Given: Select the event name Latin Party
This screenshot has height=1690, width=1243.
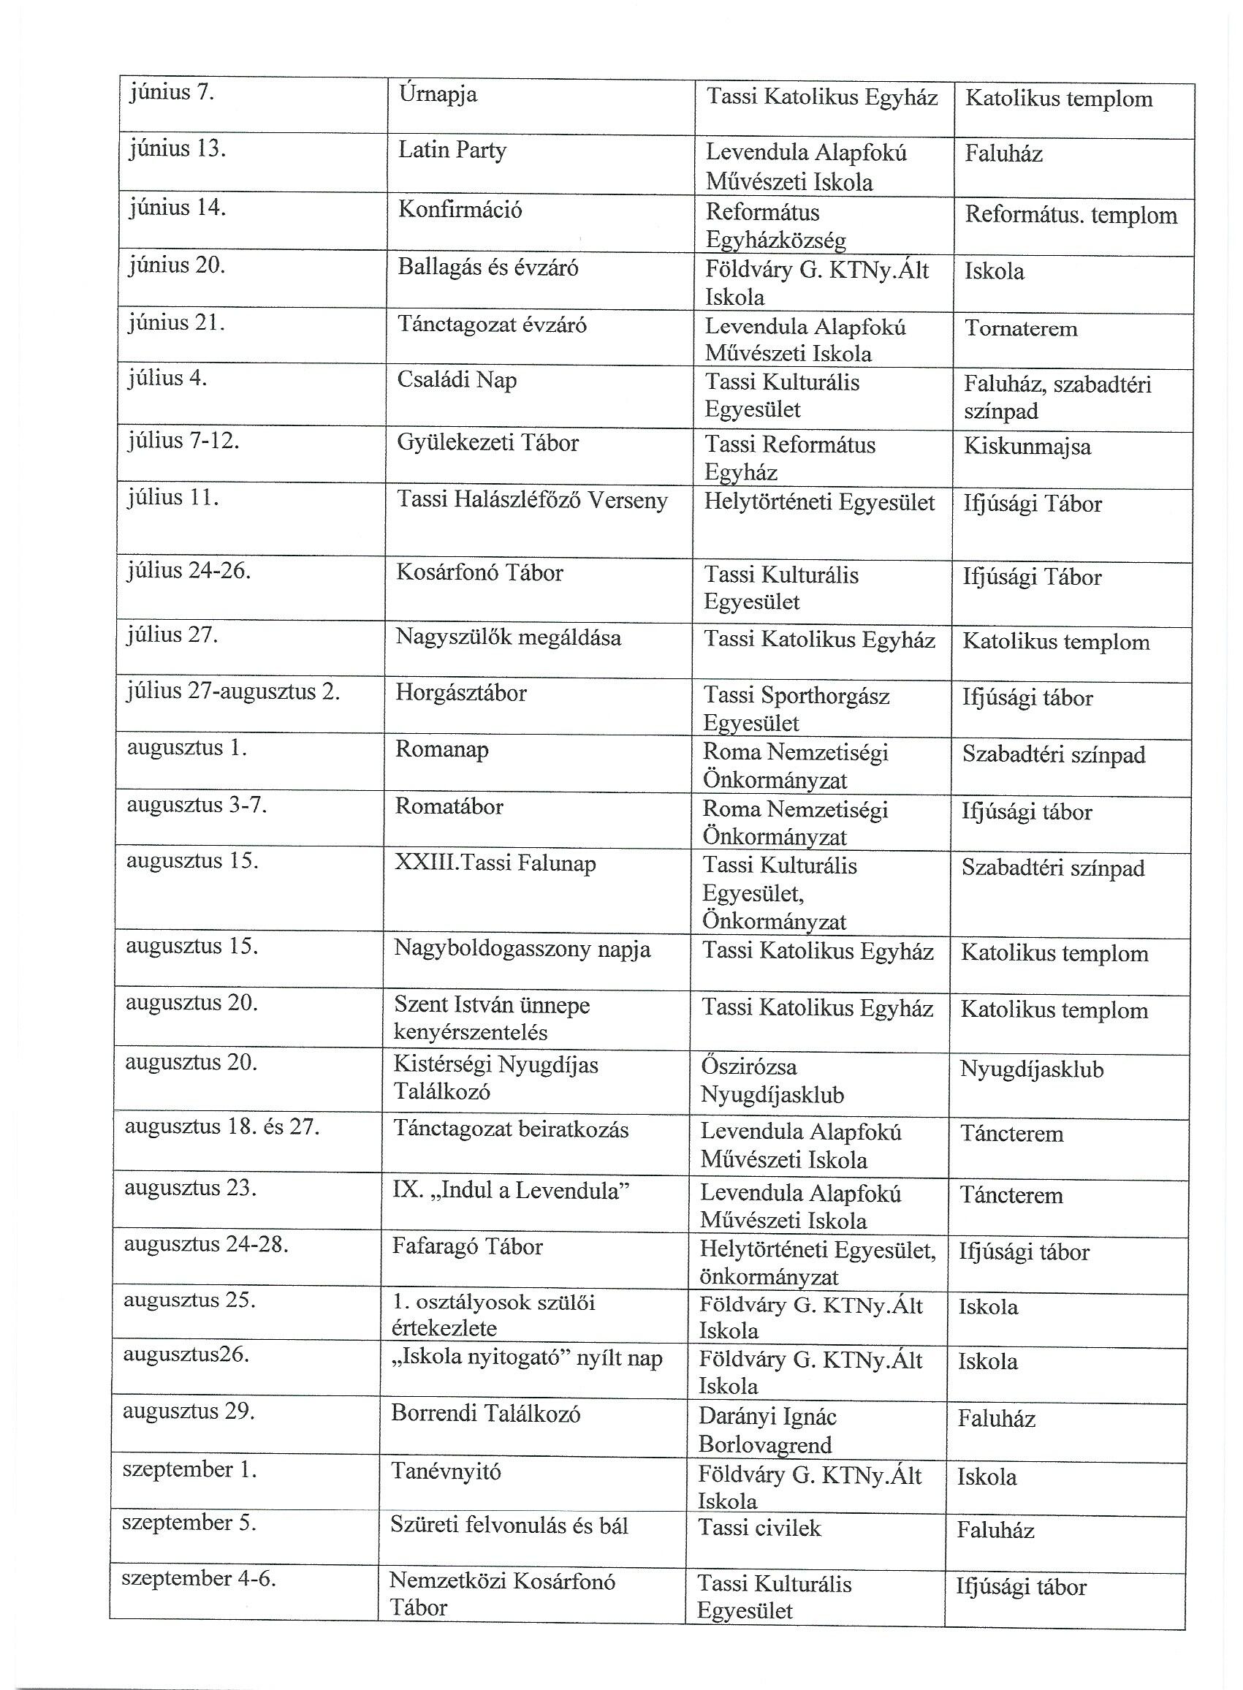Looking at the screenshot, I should tap(452, 151).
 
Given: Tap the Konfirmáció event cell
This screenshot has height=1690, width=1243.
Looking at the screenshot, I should tap(460, 209).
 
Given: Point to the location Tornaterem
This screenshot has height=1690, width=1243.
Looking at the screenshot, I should tap(1020, 329).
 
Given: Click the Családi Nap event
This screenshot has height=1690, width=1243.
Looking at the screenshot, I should tap(457, 380).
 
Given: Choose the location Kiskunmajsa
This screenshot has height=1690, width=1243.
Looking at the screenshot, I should tap(1027, 447).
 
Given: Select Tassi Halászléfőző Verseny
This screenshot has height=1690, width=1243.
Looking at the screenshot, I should tap(532, 501).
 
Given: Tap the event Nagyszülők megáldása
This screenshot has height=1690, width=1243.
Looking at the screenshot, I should tap(509, 638).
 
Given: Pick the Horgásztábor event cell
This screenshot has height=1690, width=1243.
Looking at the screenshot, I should tap(461, 693).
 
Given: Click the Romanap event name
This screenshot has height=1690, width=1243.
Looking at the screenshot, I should tap(442, 750).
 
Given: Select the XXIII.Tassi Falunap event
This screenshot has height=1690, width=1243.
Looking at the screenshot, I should tap(495, 863).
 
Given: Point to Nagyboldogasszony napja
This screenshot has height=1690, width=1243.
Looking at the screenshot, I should tap(522, 950).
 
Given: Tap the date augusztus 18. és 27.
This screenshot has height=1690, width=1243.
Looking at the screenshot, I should tap(222, 1127).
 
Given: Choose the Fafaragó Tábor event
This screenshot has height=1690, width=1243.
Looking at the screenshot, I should tap(467, 1247).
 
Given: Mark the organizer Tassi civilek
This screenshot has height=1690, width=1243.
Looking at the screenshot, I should tap(760, 1528).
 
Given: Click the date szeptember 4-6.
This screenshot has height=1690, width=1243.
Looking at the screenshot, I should tap(199, 1578).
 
